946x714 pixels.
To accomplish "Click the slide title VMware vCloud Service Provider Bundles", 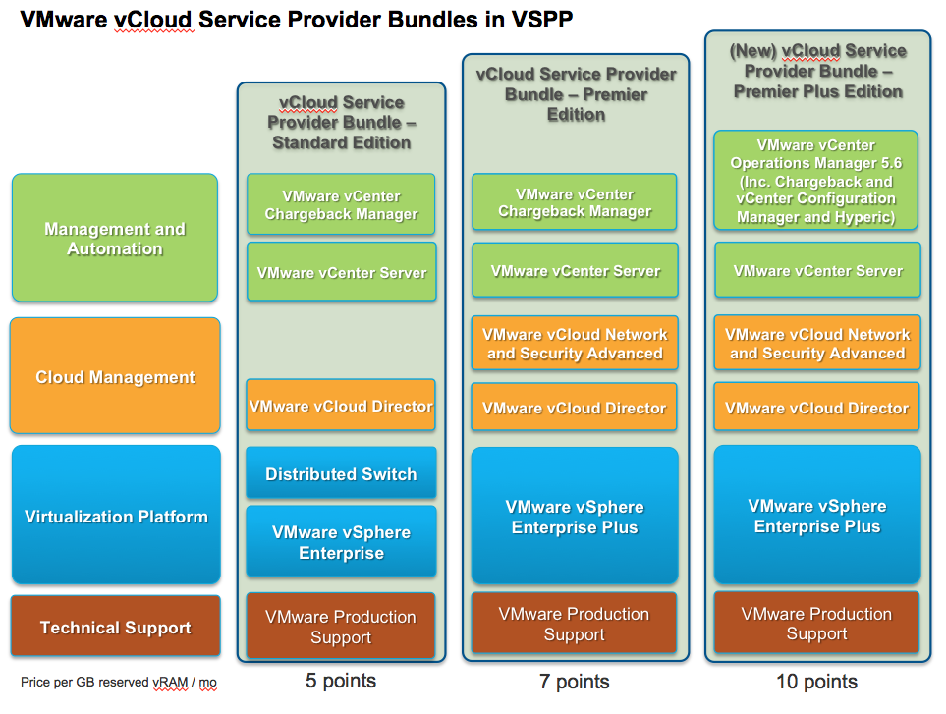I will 296,20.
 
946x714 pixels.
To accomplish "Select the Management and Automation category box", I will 115,239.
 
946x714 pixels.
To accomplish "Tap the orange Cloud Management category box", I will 115,377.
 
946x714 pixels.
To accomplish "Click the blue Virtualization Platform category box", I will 115,517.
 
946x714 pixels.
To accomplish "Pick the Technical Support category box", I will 115,628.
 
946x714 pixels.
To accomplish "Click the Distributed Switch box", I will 341,474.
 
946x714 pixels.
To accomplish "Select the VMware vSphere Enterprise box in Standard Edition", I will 341,542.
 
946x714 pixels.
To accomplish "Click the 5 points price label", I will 341,681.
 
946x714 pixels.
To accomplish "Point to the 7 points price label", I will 575,682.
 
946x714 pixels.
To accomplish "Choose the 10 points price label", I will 816,682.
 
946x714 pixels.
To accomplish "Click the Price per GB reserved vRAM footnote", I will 118,683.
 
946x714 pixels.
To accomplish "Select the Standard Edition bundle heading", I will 341,123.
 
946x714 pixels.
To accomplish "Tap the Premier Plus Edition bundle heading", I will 816,72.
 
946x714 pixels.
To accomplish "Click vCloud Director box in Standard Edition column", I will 341,406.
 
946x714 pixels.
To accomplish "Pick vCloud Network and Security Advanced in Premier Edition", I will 575,344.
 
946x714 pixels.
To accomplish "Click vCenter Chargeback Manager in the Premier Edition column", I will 575,203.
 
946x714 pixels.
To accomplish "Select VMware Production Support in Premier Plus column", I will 816,624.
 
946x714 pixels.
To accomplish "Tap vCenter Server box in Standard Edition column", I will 341,272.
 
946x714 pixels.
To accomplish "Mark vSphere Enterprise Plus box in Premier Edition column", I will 575,517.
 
